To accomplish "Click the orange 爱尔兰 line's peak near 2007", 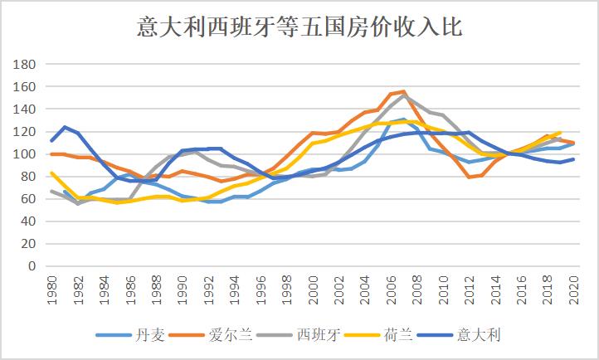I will click(403, 91).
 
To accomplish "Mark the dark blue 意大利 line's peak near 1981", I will click(65, 127).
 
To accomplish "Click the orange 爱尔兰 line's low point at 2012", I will click(469, 177).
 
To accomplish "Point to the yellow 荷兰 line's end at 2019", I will click(559, 133).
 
